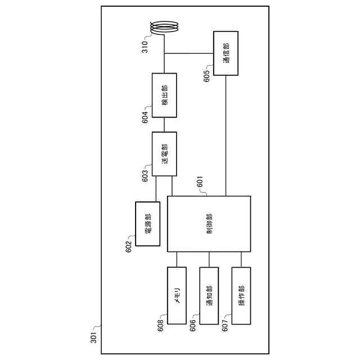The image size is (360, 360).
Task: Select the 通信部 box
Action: [x=226, y=54]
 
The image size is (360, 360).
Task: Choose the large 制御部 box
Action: [x=209, y=224]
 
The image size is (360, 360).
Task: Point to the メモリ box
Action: [x=177, y=295]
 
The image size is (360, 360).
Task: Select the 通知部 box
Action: [x=209, y=295]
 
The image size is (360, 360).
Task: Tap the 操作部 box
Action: [x=241, y=295]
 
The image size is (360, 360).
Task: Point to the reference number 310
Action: [x=145, y=47]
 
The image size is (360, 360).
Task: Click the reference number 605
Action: [x=208, y=75]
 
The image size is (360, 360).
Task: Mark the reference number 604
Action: [x=145, y=116]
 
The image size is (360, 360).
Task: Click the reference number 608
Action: [x=160, y=326]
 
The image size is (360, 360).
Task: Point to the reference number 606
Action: [x=192, y=326]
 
